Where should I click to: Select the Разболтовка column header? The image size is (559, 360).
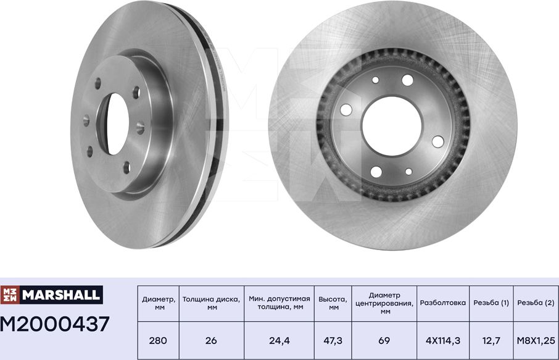click(x=443, y=303)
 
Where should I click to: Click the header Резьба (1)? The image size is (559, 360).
click(x=491, y=303)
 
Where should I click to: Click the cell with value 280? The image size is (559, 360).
click(x=157, y=340)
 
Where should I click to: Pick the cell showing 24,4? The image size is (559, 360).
click(x=279, y=340)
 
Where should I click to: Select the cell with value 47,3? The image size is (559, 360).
click(x=333, y=340)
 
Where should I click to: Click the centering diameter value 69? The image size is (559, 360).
click(x=383, y=340)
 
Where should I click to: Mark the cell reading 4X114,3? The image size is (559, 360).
click(x=443, y=340)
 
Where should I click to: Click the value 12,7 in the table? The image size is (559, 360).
click(x=491, y=340)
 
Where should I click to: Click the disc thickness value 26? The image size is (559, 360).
click(x=211, y=340)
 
